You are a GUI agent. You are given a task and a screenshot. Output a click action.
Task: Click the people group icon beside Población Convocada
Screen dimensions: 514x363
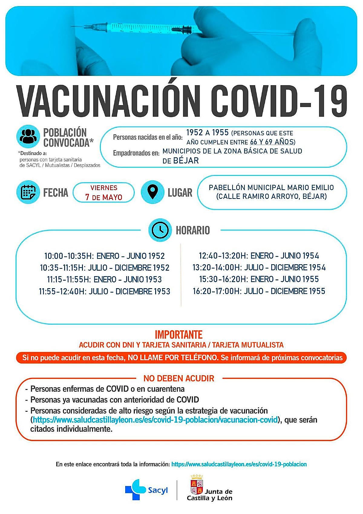click(28, 137)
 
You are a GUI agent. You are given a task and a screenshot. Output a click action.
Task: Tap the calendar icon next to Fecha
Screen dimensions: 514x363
click(28, 192)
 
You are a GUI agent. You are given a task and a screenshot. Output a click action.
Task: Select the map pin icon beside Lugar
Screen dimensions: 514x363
click(153, 192)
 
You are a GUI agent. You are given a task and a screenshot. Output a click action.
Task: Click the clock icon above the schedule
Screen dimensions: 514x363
click(160, 230)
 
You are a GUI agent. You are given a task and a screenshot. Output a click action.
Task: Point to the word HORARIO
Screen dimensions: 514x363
click(193, 230)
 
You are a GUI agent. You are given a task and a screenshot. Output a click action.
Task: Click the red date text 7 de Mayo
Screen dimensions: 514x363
click(104, 197)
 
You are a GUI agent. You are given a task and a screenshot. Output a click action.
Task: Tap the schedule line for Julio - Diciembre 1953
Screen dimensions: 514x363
click(105, 291)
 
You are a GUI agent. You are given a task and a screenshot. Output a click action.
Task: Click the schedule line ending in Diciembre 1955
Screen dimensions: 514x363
click(259, 291)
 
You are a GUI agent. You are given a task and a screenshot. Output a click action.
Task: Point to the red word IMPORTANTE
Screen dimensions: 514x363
click(178, 335)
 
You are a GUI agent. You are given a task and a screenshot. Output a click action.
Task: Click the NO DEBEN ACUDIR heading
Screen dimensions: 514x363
click(179, 378)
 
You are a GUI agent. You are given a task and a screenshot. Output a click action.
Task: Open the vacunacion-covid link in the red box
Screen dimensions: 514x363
click(155, 420)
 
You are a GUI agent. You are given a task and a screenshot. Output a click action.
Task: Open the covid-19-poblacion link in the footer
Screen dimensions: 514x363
click(239, 464)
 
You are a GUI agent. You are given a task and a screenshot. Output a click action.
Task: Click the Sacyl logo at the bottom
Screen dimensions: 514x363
click(146, 489)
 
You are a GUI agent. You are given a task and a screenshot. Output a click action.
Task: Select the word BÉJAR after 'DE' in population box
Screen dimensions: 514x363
click(186, 160)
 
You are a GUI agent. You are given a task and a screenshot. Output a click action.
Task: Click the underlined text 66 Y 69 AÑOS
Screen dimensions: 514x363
click(272, 142)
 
